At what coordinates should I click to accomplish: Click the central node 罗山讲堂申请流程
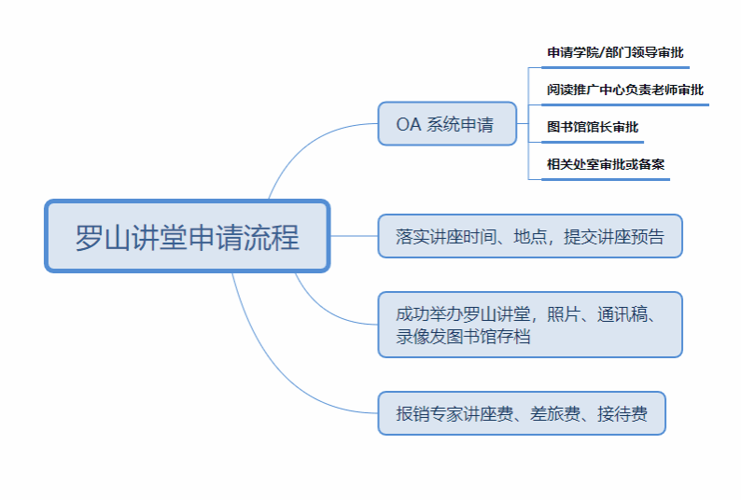(x=188, y=236)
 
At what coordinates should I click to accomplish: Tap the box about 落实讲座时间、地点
(x=530, y=236)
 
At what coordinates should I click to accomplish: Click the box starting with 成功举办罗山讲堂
(x=530, y=325)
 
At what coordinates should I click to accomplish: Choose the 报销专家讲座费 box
(x=522, y=413)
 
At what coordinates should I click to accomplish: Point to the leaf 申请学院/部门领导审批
(x=615, y=53)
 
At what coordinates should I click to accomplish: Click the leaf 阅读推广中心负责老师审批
(x=625, y=90)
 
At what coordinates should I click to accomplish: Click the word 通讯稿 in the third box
(x=630, y=314)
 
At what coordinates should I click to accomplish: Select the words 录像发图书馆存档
(x=464, y=337)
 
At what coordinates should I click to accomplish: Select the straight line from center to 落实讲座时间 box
(x=355, y=236)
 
